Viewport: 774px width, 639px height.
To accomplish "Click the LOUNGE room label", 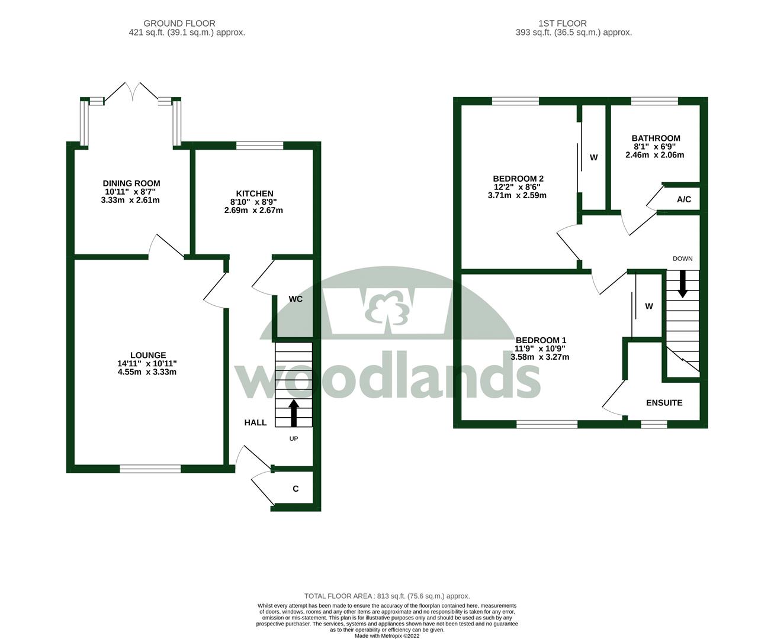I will click(148, 356).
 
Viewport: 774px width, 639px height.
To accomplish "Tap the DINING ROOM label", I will click(131, 183).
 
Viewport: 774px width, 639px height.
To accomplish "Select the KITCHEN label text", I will click(255, 193).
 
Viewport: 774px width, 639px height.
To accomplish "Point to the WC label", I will click(296, 299).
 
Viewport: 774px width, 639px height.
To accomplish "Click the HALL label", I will click(255, 422).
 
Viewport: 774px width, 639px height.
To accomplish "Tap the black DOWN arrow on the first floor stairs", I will click(682, 285).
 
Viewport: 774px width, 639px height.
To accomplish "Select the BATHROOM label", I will click(656, 138).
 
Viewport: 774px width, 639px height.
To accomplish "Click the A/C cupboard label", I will click(683, 199).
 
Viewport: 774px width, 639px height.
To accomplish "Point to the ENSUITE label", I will click(664, 403).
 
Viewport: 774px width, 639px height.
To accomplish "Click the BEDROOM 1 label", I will click(541, 340).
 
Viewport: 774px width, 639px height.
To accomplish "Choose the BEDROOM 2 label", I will click(518, 179).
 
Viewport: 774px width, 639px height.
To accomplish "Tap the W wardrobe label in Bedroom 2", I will click(593, 157).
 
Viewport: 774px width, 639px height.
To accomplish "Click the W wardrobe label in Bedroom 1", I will click(648, 306).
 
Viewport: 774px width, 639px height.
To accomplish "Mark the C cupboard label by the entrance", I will click(296, 489).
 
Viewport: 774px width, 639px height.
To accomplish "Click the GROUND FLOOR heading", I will click(187, 24).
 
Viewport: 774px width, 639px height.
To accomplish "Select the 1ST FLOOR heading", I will click(562, 24).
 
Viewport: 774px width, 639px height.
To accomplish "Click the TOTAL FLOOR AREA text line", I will click(387, 596).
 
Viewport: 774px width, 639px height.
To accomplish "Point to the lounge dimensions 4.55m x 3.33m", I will click(147, 372).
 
